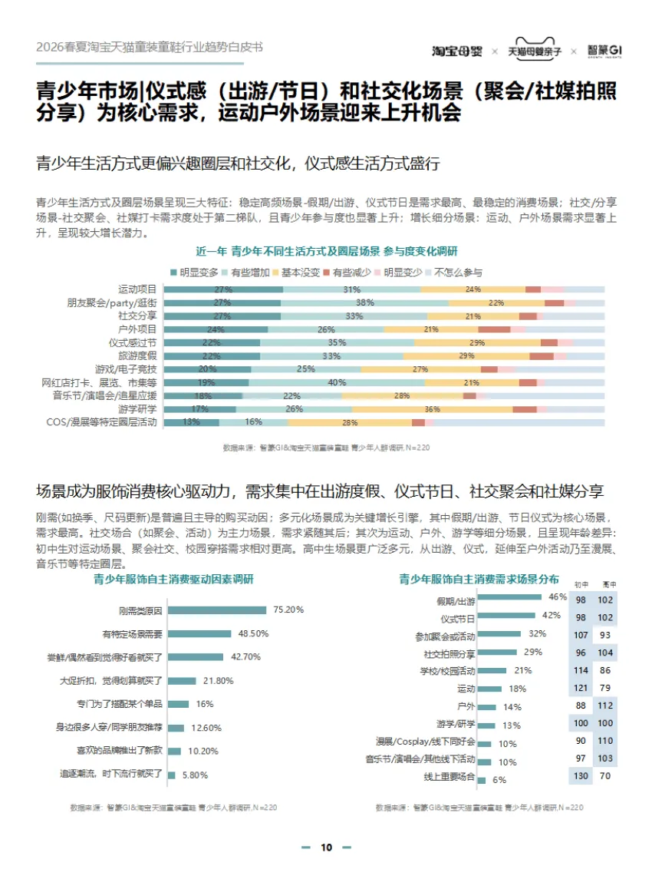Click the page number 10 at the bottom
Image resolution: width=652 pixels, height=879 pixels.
tap(326, 848)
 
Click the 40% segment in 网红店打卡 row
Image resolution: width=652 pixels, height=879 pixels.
tap(337, 382)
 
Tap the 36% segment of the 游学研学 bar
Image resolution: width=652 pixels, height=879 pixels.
tap(432, 408)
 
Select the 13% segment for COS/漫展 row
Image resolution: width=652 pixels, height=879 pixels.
tap(191, 422)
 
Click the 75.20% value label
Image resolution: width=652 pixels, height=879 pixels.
tap(288, 610)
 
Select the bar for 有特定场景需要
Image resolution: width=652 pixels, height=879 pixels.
tap(199, 633)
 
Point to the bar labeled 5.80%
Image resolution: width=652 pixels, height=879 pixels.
tap(172, 775)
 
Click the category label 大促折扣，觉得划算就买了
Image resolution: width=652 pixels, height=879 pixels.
tap(111, 681)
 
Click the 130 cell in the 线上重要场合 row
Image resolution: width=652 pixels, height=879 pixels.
tap(581, 776)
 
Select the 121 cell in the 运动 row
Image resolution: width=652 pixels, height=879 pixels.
tap(581, 688)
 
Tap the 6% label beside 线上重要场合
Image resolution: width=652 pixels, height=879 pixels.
tap(499, 779)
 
